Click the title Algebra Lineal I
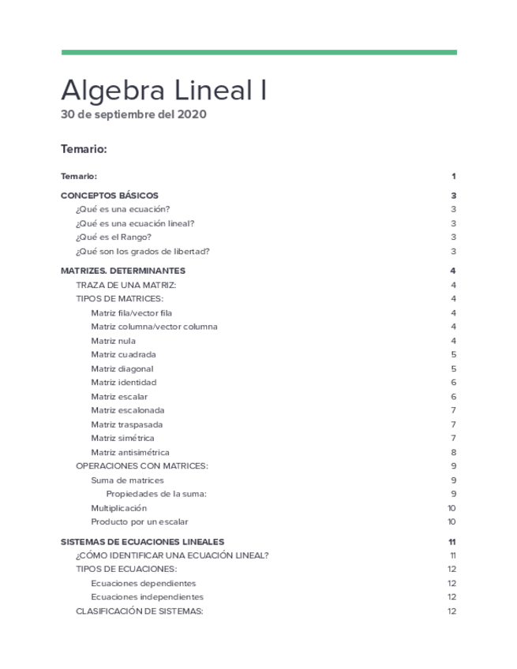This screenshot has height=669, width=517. coord(163,90)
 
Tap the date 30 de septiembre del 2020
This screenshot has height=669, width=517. coord(133,114)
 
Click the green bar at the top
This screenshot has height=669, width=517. coord(259,53)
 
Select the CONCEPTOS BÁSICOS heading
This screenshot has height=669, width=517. coord(110,195)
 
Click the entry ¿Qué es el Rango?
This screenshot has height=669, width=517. coord(114,237)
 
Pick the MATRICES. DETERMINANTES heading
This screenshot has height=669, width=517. coord(123,271)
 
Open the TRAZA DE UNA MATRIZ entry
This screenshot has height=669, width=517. coord(126,285)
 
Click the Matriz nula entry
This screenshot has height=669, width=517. coord(113,341)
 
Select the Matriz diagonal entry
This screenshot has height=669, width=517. coord(122,368)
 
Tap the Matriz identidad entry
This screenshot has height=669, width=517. coord(123,383)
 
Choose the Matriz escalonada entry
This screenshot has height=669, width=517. coord(127,410)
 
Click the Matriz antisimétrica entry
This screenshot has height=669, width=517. coord(130,453)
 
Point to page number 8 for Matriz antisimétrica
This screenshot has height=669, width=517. coord(453,453)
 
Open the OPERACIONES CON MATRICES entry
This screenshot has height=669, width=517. coord(141,466)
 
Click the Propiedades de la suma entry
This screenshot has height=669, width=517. coord(156,494)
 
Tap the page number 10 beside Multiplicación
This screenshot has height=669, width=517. coord(451,508)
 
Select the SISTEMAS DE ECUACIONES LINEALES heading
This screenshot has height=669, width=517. coord(142,542)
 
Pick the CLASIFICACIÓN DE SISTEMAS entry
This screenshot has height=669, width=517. coord(140,611)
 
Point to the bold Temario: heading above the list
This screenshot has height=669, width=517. coord(84,148)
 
